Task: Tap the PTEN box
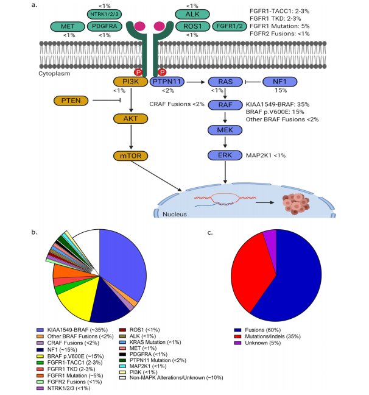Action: click(71, 100)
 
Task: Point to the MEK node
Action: click(226, 130)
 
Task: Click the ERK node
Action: click(226, 155)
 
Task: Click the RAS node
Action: click(226, 82)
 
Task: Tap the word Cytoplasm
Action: click(54, 73)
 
